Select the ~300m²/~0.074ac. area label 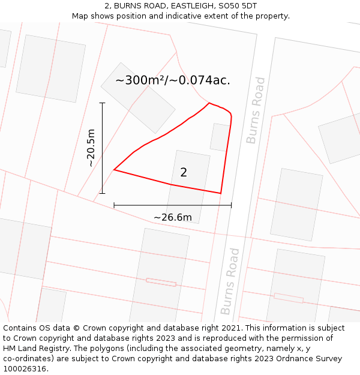(173, 80)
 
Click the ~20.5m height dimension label (91, 148)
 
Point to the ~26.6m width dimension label (173, 217)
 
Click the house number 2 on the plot (184, 173)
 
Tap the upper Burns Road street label (255, 110)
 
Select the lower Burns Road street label (230, 281)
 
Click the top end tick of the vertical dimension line (102, 103)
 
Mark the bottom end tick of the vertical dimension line (102, 193)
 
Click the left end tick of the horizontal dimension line (114, 205)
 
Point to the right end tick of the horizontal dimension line (231, 205)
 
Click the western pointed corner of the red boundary (114, 170)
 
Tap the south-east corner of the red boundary (221, 193)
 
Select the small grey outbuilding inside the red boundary (220, 137)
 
